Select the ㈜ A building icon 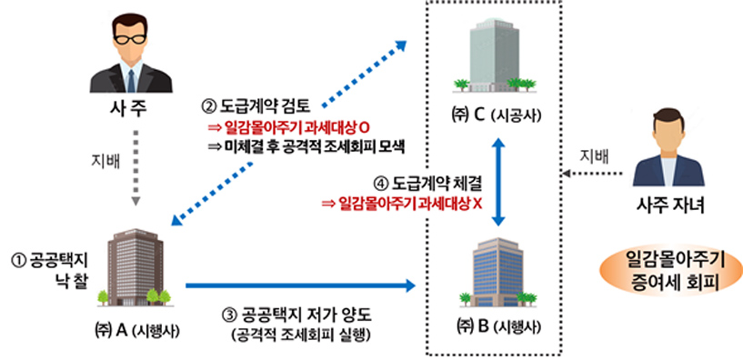click(x=133, y=267)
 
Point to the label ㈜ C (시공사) click(x=497, y=115)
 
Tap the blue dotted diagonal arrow click(x=291, y=127)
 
